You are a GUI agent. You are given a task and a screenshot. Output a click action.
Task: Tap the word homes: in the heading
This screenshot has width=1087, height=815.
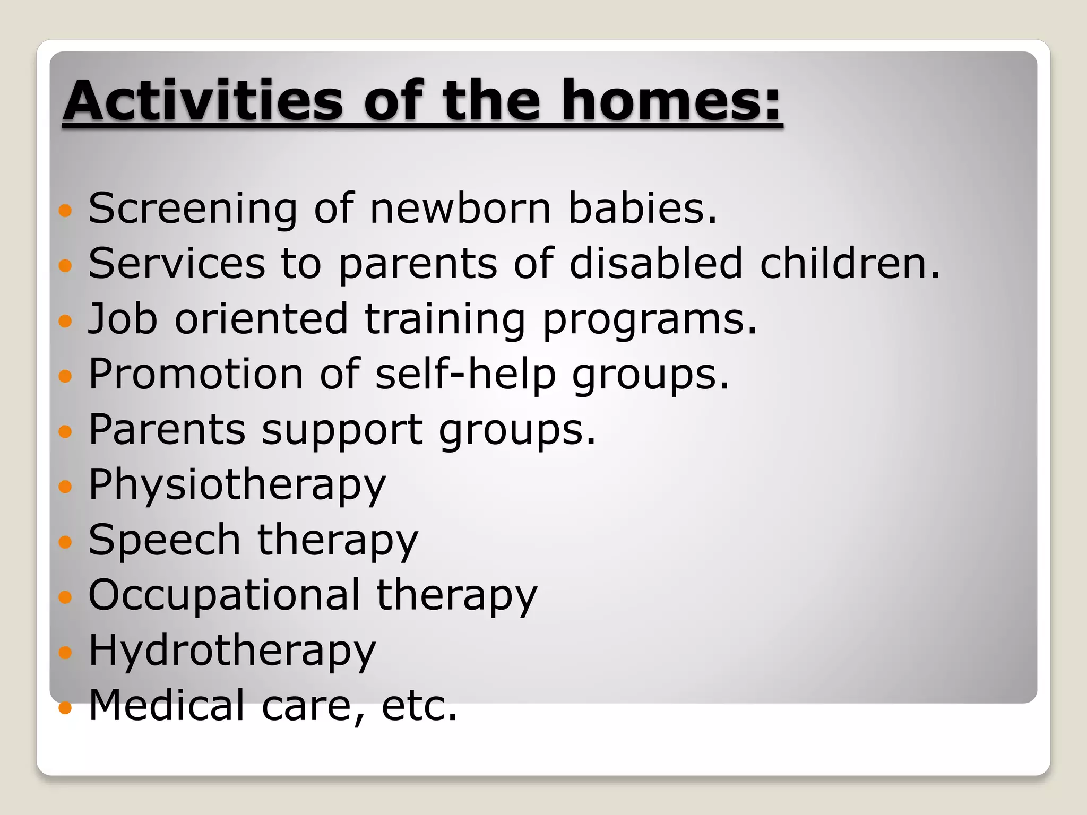coord(671,101)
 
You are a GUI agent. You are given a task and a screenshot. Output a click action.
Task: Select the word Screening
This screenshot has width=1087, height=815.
coord(193,209)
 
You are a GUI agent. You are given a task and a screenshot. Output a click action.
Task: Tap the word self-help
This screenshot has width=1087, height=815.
coord(465,374)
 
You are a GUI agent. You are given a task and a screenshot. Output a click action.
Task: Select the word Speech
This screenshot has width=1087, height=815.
coord(165,540)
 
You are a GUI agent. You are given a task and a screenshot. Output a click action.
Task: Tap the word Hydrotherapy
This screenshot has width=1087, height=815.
coord(232,652)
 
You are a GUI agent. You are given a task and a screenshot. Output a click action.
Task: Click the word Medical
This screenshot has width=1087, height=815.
coord(167,706)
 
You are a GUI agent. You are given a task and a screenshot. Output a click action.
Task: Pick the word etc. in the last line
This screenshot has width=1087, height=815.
coord(419,706)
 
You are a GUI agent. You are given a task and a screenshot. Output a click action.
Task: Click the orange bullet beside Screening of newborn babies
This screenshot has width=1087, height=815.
coord(65,211)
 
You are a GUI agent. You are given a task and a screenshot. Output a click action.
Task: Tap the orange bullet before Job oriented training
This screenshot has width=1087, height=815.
coord(65,321)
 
